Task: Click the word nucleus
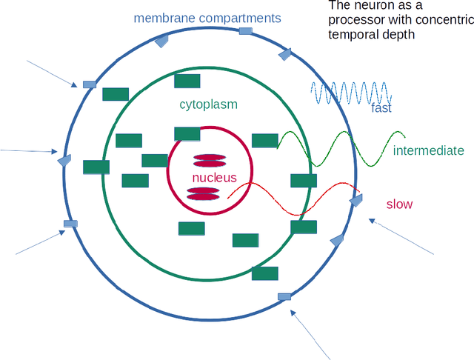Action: [214, 178]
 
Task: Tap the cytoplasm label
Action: [208, 104]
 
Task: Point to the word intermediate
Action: [429, 151]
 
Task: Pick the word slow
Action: [399, 204]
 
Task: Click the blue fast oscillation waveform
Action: [350, 93]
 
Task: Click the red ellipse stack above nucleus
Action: [210, 161]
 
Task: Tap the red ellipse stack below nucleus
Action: [203, 194]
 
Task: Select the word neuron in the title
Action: [370, 7]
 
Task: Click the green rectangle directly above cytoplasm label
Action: [187, 81]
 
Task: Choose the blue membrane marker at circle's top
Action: [246, 31]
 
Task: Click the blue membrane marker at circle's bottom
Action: [284, 296]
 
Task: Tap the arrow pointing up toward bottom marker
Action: [311, 333]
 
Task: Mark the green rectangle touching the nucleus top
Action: [187, 133]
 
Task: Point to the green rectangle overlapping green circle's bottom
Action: [264, 273]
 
